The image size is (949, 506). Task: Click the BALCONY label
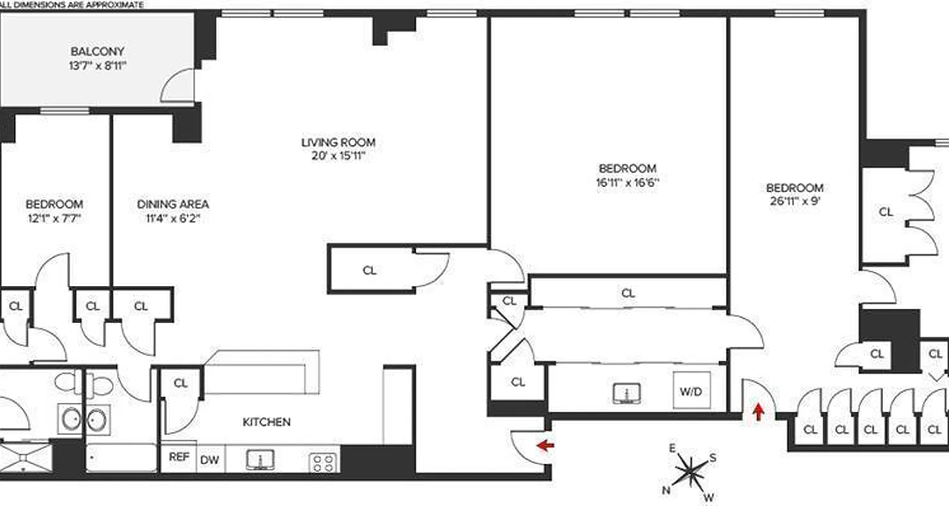coord(97,51)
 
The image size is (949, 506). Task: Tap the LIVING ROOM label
coord(333,142)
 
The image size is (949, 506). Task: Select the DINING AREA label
coord(173,204)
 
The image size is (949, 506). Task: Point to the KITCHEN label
coord(267,422)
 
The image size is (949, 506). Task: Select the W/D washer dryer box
coord(691,392)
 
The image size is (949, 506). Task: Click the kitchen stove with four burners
coord(324,462)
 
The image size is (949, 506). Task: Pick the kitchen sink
coord(260,460)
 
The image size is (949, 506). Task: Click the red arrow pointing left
coord(545,446)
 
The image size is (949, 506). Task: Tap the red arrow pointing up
coord(758,413)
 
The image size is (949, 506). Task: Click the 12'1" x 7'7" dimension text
coord(54,219)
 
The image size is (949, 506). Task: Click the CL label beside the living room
coord(369,271)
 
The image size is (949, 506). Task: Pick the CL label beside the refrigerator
coord(181,383)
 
